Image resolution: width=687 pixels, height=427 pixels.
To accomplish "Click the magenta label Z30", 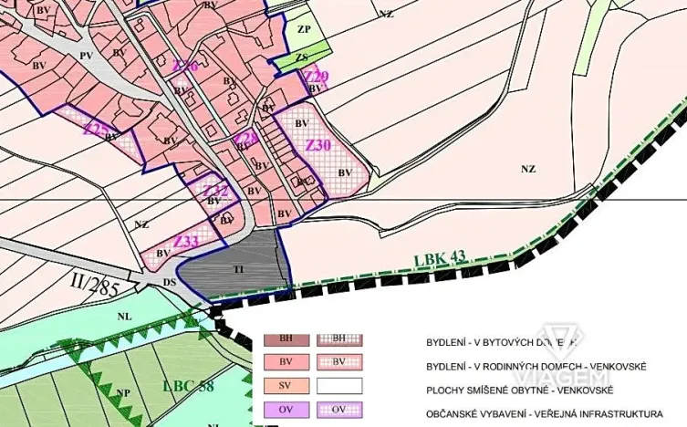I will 317,146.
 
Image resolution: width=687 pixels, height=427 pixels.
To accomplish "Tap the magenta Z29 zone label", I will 316,76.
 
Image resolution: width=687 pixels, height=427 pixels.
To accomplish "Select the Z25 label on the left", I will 95,129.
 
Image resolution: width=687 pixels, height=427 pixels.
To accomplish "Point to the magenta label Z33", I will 185,242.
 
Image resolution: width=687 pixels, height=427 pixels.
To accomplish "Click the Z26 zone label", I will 185,66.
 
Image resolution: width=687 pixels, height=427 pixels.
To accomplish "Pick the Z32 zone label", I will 214,190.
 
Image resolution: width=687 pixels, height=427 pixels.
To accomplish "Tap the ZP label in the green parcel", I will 304,29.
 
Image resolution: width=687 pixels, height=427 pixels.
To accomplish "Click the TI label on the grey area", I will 238,269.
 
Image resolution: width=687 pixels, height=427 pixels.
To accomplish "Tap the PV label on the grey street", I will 87,56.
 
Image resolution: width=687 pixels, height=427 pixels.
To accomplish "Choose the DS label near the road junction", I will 169,283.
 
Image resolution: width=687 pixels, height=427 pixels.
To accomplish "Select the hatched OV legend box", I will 339,409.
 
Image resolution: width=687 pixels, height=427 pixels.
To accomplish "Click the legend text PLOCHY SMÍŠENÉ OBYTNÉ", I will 496,390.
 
